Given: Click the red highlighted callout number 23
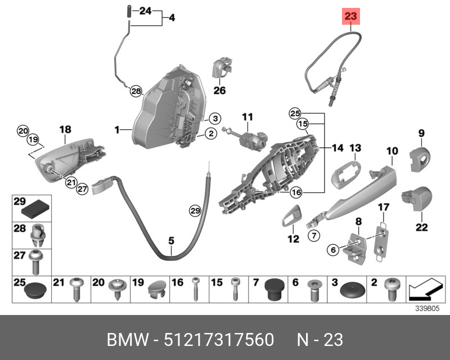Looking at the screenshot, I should pos(351,17).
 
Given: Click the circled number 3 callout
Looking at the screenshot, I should pos(215,119).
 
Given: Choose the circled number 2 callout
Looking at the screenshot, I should pos(209,133).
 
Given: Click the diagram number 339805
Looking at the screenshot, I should pos(431,308).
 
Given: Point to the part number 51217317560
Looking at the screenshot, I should pos(219,340).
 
